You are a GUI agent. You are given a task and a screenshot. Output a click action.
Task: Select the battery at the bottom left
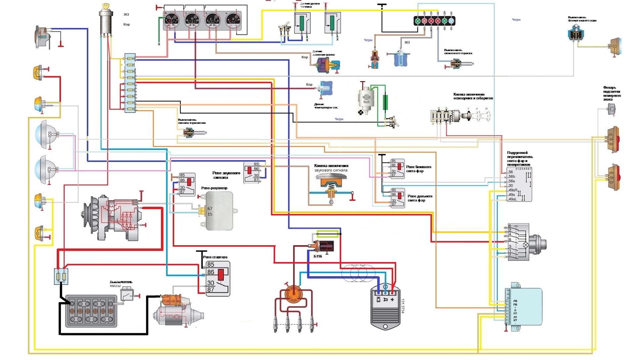click(91, 311)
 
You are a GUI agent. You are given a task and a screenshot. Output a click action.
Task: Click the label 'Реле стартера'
click(215, 257)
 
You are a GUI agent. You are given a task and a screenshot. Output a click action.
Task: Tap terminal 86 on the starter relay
click(211, 272)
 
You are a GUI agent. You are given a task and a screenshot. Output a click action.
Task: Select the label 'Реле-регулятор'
click(214, 188)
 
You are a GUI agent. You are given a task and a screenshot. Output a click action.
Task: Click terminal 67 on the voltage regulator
click(210, 209)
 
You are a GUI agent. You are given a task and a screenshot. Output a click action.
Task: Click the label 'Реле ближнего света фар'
click(419, 169)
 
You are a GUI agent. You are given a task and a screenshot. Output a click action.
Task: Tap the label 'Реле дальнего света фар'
click(420, 198)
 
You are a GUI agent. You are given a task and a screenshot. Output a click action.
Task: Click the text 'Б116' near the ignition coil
click(318, 256)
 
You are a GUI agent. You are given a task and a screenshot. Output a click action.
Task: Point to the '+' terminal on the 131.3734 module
click(392, 300)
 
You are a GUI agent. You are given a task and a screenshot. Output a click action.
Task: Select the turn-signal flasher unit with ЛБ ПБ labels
click(524, 306)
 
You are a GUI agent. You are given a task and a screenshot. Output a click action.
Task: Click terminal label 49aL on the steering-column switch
click(512, 199)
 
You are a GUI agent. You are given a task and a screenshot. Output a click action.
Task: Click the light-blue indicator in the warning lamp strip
click(451, 21)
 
